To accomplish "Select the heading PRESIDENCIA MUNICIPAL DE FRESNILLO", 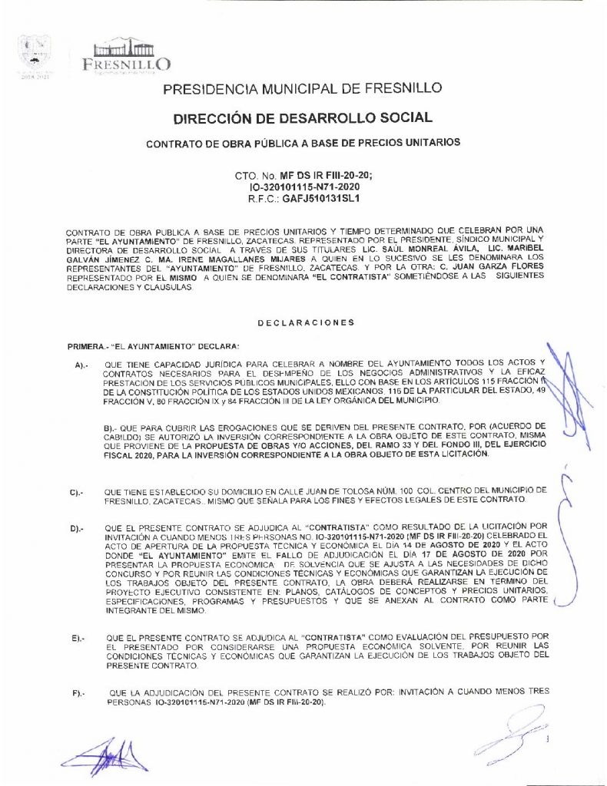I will point(303,89).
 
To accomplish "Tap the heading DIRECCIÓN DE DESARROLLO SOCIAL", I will point(303,118).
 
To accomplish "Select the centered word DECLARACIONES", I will point(306,322).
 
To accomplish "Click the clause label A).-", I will point(83,365).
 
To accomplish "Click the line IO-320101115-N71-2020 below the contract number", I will point(306,187).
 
